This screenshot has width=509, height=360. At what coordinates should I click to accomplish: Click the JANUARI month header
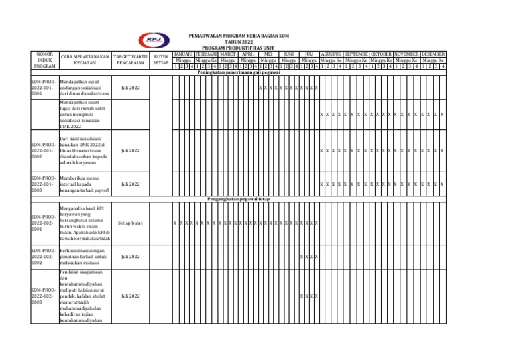(x=182, y=54)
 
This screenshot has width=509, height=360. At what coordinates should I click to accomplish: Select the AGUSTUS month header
(x=331, y=54)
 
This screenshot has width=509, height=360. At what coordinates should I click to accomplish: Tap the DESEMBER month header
(x=433, y=54)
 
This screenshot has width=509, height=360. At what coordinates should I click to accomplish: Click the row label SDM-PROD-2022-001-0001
(x=44, y=88)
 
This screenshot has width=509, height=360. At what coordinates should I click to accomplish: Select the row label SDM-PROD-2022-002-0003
(x=44, y=296)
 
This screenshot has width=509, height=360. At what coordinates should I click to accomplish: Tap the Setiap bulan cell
(x=130, y=223)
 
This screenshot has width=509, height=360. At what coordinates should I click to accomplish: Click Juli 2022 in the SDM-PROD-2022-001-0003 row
(x=130, y=184)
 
